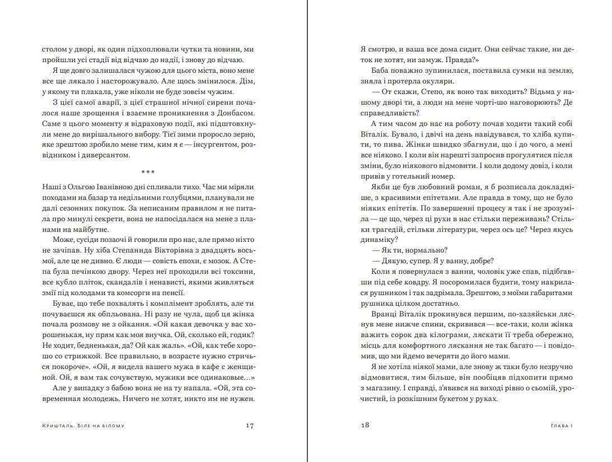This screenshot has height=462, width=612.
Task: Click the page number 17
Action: pos(250,426)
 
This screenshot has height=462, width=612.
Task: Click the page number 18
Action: pos(365,426)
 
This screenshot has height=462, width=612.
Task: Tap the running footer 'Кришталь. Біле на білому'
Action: pos(83,426)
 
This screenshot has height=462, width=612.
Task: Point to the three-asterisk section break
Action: pos(148,172)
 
